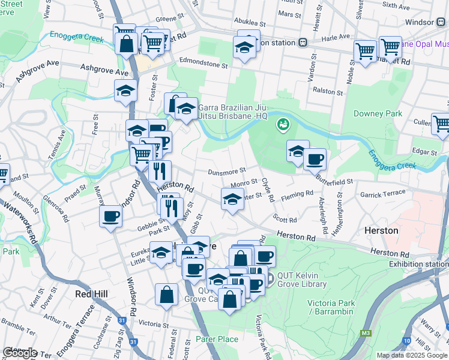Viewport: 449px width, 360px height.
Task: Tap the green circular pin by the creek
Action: [282, 125]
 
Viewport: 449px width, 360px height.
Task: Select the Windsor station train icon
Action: [440, 22]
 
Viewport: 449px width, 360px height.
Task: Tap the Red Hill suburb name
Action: [91, 294]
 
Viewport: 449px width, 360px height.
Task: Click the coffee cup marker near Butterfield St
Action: [315, 160]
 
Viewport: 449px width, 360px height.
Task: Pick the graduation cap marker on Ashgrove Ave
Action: [125, 90]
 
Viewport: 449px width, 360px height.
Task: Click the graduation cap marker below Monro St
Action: [232, 200]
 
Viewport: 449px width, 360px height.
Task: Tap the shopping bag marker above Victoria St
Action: [167, 295]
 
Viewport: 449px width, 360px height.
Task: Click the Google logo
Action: [20, 352]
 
